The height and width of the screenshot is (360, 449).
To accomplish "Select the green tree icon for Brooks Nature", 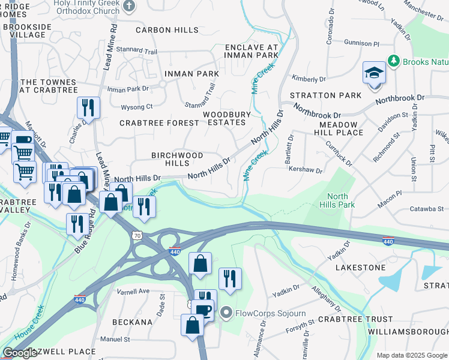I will [393, 61].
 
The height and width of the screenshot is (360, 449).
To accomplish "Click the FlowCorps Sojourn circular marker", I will [226, 312].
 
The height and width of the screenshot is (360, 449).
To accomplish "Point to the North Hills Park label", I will [340, 200].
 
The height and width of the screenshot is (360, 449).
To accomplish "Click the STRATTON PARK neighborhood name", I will [326, 95].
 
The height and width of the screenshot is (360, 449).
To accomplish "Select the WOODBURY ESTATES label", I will [224, 118].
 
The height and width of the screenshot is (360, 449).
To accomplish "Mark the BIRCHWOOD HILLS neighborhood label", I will [177, 159].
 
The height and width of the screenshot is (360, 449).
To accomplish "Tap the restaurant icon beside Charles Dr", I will [88, 108].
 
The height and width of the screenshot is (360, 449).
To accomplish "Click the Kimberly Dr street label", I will [309, 79].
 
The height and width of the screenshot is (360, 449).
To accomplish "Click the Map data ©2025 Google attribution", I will [411, 355].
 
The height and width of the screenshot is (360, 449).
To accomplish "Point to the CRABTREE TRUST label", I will [355, 320].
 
